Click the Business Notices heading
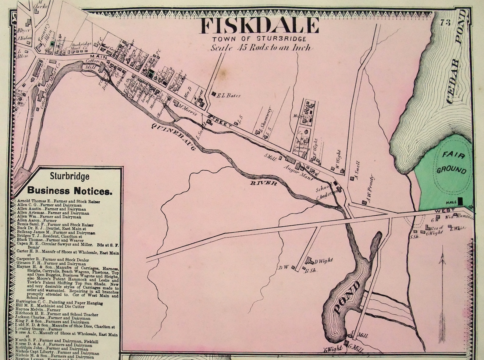[70, 191]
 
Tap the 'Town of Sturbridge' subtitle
[260, 39]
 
